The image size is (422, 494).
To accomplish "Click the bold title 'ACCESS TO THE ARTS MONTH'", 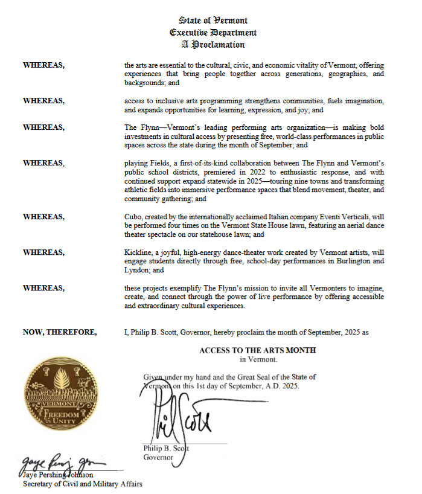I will click(257, 350).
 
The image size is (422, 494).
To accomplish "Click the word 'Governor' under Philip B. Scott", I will click(158, 457).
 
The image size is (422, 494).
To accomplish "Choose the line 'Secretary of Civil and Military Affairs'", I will click(83, 483).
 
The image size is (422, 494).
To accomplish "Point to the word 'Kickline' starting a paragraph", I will click(138, 253).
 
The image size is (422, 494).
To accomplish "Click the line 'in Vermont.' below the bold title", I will click(258, 359).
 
